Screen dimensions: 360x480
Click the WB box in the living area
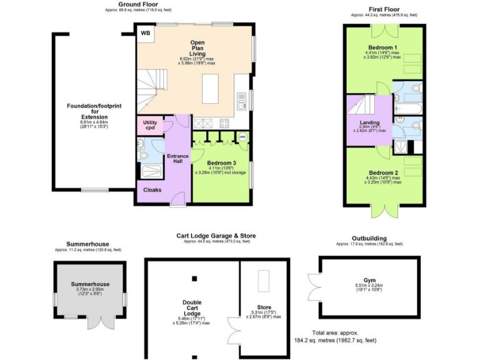(x=145, y=33)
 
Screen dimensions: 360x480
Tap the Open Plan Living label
(x=197, y=48)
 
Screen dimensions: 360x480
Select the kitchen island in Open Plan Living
(x=211, y=84)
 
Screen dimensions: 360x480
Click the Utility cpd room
(x=150, y=124)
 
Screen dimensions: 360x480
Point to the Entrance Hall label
(x=177, y=159)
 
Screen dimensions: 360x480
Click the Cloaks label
(x=152, y=189)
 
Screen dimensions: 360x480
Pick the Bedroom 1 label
(x=383, y=47)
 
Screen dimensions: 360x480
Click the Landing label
(x=370, y=121)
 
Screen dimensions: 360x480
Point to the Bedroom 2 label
(x=382, y=172)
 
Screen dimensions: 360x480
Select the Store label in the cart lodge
(x=264, y=307)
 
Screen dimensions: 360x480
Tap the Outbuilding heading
(x=369, y=238)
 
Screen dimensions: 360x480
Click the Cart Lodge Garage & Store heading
(x=216, y=236)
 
